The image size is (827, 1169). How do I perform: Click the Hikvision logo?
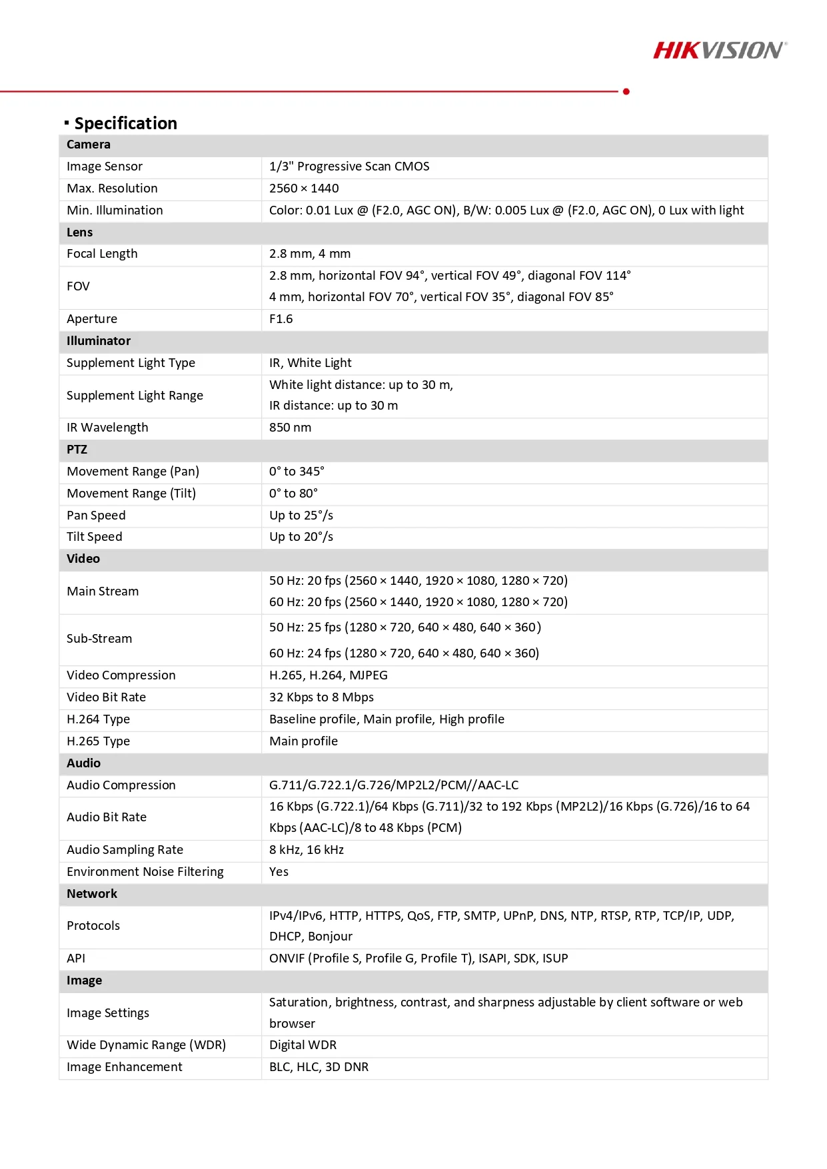pos(720,51)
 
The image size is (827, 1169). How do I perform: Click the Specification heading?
pos(125,123)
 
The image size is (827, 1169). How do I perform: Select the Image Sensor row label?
pos(105,167)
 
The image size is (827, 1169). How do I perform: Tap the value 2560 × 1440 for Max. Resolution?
pos(304,189)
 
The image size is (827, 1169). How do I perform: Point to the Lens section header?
pos(80,232)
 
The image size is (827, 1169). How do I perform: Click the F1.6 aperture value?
pos(281,319)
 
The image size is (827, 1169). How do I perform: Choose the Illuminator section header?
pos(99,341)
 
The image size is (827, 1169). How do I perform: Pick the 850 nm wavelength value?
pos(290,428)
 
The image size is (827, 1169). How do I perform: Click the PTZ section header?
pos(77,450)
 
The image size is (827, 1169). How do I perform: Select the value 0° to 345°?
pos(297,472)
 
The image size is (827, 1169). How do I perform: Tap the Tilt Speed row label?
pos(95,537)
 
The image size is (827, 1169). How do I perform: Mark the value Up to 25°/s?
pos(301,516)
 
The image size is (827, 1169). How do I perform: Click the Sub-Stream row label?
pos(99,639)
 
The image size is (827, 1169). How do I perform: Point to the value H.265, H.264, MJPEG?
pos(329,675)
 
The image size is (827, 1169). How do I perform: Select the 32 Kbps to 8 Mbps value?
pos(321,697)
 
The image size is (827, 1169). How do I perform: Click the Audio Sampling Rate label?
pos(125,850)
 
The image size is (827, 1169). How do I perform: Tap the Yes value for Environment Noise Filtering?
pos(279,872)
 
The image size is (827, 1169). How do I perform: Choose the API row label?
pos(76,959)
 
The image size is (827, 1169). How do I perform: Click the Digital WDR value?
pos(303,1045)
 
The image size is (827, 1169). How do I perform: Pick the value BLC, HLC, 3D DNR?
pos(319,1067)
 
